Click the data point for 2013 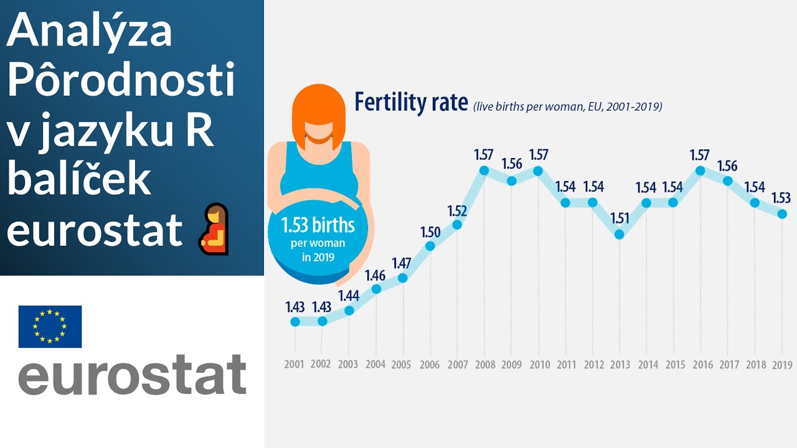pos(619,235)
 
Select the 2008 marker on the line pos(484,170)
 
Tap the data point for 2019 pos(782,214)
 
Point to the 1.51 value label pos(619,219)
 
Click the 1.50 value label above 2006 pos(430,232)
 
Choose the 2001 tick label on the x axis pos(295,364)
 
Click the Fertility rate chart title pos(411,103)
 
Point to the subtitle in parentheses pos(567,106)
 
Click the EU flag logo pos(50,326)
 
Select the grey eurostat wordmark pos(132,375)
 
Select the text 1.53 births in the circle pos(318,225)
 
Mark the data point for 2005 pos(403,278)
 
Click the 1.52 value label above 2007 pos(457,210)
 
